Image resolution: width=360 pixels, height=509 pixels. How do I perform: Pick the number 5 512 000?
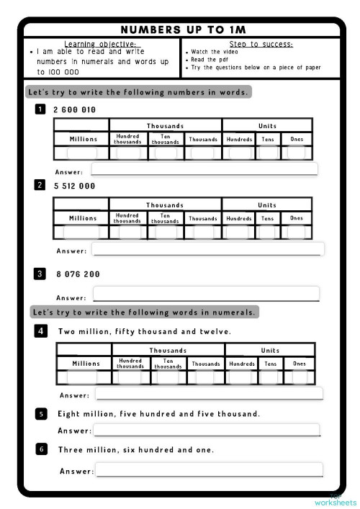[x=74, y=186]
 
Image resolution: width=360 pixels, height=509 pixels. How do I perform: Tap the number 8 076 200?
[x=78, y=274]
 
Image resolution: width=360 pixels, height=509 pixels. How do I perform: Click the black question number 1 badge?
[x=40, y=109]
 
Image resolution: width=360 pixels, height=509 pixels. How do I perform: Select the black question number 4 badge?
[x=41, y=331]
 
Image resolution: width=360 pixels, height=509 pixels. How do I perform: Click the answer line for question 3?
[x=206, y=294]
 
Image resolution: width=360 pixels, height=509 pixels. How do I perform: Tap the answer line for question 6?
[x=209, y=469]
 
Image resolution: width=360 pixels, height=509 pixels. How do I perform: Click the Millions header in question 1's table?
[x=83, y=138]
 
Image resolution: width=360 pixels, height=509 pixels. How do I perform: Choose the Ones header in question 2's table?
[x=297, y=217]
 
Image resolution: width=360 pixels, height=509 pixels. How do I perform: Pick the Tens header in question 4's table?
[x=271, y=364]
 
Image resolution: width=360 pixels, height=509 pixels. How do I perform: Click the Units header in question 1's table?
[x=267, y=125]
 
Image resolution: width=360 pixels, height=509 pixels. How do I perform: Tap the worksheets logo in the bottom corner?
[x=335, y=501]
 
